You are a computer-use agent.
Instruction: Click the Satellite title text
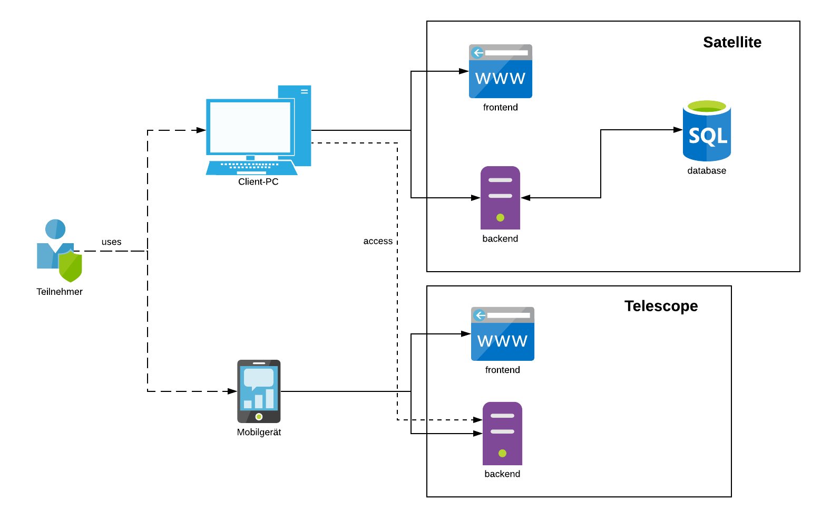pyautogui.click(x=732, y=42)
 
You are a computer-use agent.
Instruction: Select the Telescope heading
pyautogui.click(x=661, y=306)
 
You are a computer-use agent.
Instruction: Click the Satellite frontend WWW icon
pyautogui.click(x=500, y=71)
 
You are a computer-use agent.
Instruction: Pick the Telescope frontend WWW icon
pyautogui.click(x=502, y=334)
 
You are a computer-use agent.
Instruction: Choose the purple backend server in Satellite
pyautogui.click(x=500, y=198)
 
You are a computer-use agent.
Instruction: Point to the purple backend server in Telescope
pyautogui.click(x=502, y=434)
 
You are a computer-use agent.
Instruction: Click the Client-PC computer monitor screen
pyautogui.click(x=250, y=127)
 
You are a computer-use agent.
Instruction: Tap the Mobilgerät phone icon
pyautogui.click(x=259, y=391)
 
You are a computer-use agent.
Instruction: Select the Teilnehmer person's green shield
pyautogui.click(x=70, y=266)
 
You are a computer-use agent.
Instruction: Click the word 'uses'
pyautogui.click(x=111, y=242)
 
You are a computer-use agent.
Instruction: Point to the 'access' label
pyautogui.click(x=378, y=241)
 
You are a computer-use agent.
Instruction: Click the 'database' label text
pyautogui.click(x=707, y=171)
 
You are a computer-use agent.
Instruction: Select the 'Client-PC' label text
pyautogui.click(x=258, y=182)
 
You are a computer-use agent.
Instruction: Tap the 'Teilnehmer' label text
pyautogui.click(x=60, y=292)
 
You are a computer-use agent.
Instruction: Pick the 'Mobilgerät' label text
pyautogui.click(x=259, y=433)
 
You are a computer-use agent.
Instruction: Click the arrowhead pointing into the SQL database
pyautogui.click(x=678, y=130)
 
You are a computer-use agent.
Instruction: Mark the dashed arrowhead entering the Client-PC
pyautogui.click(x=201, y=130)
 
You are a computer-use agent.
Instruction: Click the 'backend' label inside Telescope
pyautogui.click(x=502, y=474)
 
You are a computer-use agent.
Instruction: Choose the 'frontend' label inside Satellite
pyautogui.click(x=500, y=108)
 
